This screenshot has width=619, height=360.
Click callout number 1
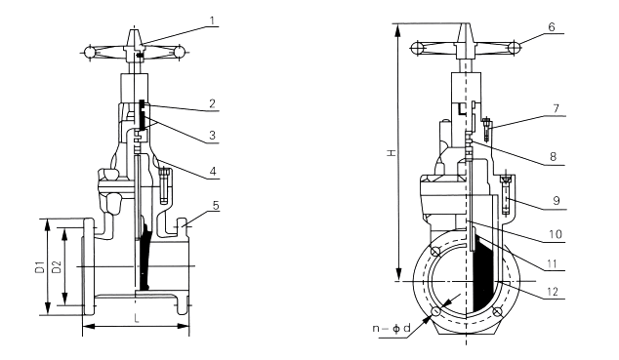(x=213, y=20)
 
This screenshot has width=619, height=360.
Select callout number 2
(x=213, y=103)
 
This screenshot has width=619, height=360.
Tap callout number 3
(x=213, y=136)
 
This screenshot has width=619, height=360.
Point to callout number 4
(x=213, y=171)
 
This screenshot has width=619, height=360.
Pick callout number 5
(x=216, y=206)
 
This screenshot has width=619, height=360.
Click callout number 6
(x=552, y=26)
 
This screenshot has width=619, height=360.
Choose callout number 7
(x=557, y=108)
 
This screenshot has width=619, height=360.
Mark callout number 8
(x=553, y=157)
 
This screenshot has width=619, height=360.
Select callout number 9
(x=557, y=201)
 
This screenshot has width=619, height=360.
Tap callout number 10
(x=556, y=234)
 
